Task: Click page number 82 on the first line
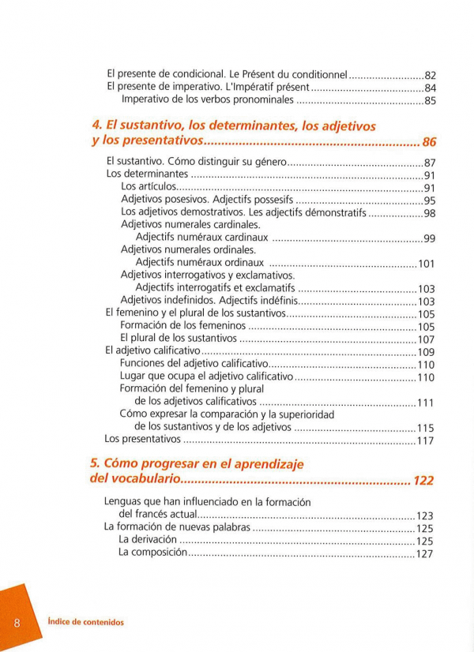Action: tap(431, 75)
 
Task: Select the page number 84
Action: tap(431, 88)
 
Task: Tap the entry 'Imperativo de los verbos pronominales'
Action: tap(207, 101)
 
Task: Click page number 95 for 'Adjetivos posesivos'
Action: tap(430, 200)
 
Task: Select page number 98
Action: tap(430, 214)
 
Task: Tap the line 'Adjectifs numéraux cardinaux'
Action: tap(201, 238)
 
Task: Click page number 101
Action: tap(427, 264)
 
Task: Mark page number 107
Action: tap(427, 339)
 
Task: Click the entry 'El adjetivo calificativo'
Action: tap(152, 351)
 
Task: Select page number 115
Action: tap(427, 428)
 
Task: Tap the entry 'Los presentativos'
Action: tap(143, 440)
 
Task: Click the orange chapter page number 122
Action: tap(423, 481)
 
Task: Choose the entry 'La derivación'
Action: tap(147, 541)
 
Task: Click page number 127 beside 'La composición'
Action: tap(425, 554)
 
